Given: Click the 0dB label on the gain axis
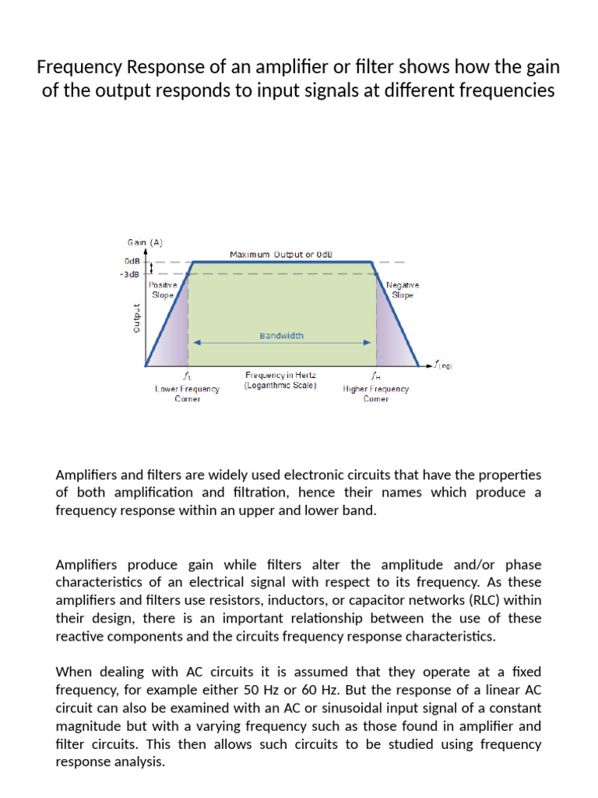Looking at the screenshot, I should coord(132,262).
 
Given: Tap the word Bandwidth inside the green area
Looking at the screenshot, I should coord(282,336).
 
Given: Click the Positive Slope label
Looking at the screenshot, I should coord(163,291).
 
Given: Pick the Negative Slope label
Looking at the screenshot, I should coord(403,291).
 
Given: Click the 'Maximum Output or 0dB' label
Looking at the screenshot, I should coord(281,254).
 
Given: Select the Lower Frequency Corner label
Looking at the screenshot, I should coord(187,394).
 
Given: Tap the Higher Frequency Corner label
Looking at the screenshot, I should coord(376,394).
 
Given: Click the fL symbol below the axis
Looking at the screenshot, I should coord(187,375).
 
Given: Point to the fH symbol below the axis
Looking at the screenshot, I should coord(376,375).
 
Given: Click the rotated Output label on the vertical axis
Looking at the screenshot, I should coord(136,318).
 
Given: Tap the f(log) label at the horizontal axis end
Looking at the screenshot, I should coord(445,365).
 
